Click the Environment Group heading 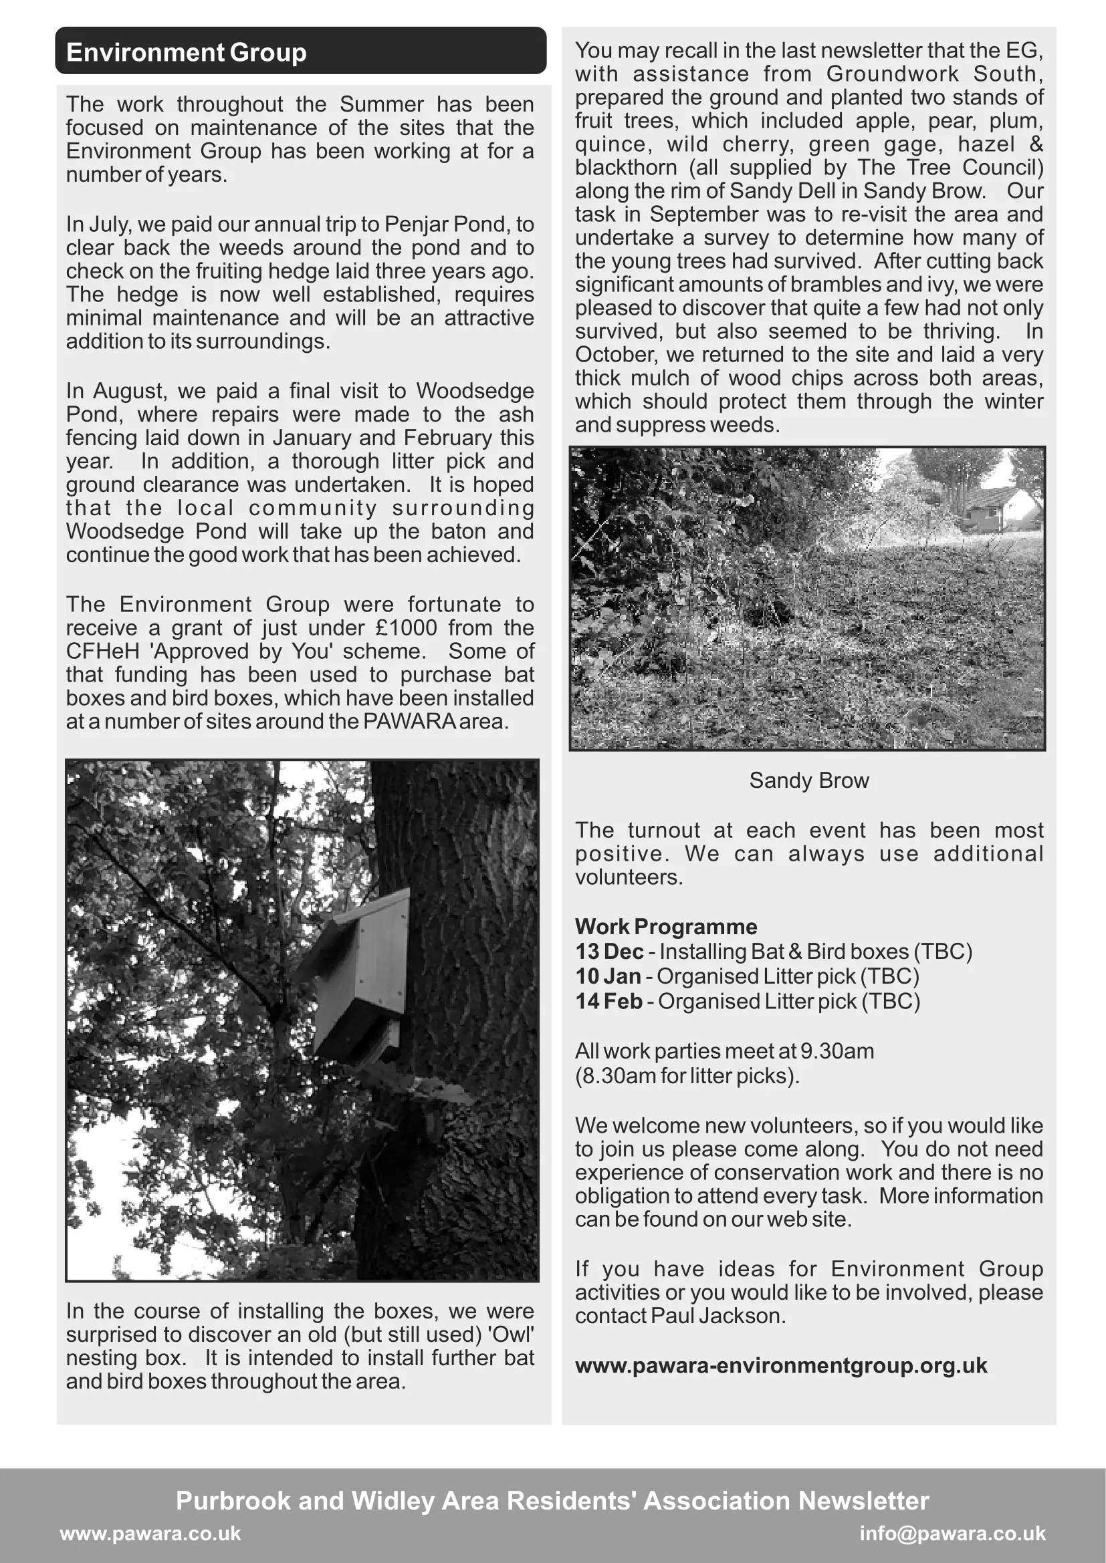pyautogui.click(x=187, y=52)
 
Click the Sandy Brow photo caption pyautogui.click(x=808, y=780)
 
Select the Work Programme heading pyautogui.click(x=665, y=926)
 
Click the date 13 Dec pyautogui.click(x=609, y=951)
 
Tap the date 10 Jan pyautogui.click(x=607, y=976)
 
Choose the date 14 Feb pyautogui.click(x=608, y=1002)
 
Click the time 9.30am pyautogui.click(x=837, y=1051)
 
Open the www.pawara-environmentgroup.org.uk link pyautogui.click(x=780, y=1366)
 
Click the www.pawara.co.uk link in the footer pyautogui.click(x=150, y=1533)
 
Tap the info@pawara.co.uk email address pyautogui.click(x=952, y=1533)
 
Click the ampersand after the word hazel pyautogui.click(x=1035, y=144)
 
